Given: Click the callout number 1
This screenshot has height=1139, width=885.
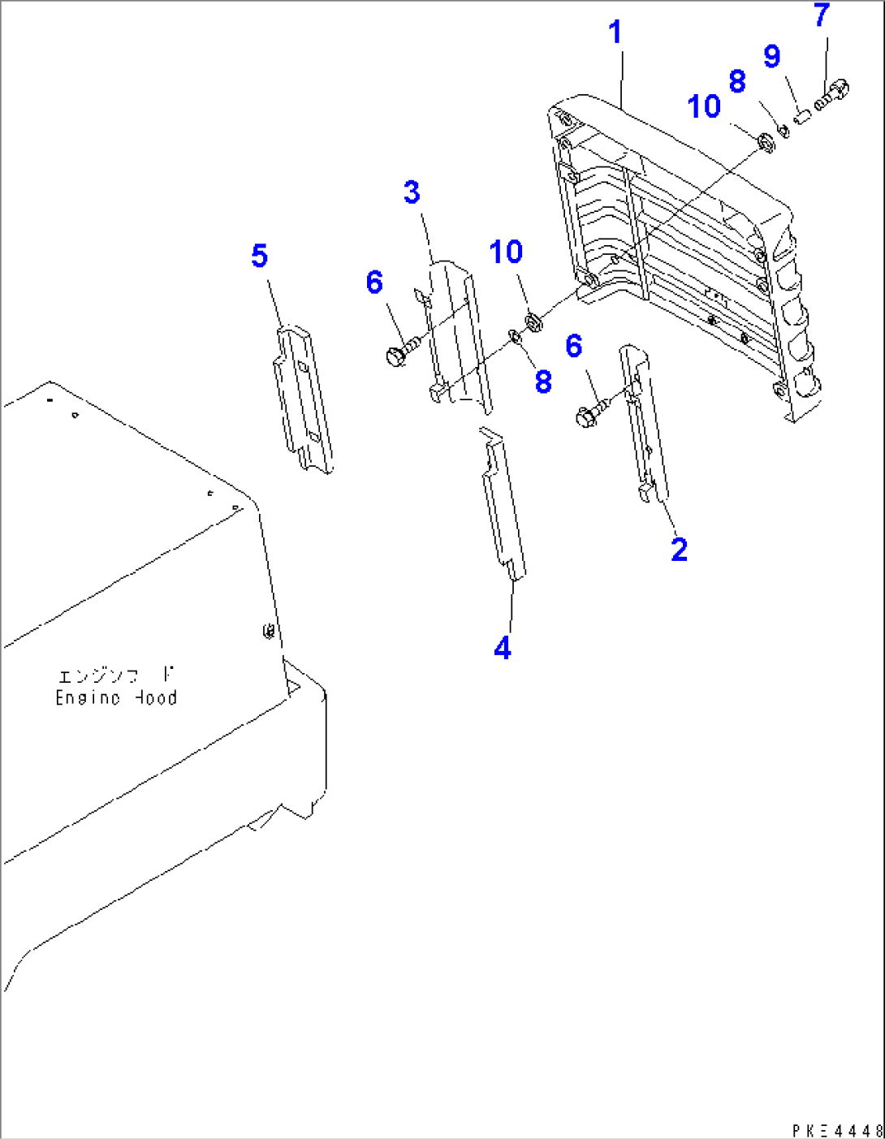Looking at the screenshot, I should (x=615, y=33).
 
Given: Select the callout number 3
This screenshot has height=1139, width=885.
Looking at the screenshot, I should (x=412, y=193).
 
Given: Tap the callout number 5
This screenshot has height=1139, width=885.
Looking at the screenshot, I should (x=259, y=257).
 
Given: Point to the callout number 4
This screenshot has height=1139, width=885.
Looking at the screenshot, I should (x=503, y=649).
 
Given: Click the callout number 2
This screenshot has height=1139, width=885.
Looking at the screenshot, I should (x=679, y=550).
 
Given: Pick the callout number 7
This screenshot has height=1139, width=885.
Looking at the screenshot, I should (x=822, y=15).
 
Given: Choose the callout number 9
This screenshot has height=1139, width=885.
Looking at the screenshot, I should (x=771, y=57).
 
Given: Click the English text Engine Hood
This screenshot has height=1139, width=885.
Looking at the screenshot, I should (x=116, y=698).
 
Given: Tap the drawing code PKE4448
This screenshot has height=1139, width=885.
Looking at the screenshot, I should (x=837, y=1129).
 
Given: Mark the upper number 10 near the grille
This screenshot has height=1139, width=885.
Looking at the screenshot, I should (x=703, y=107).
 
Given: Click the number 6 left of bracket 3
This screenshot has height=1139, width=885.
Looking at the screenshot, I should (x=373, y=283).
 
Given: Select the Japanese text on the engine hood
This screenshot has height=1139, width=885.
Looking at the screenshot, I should (x=116, y=675).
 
